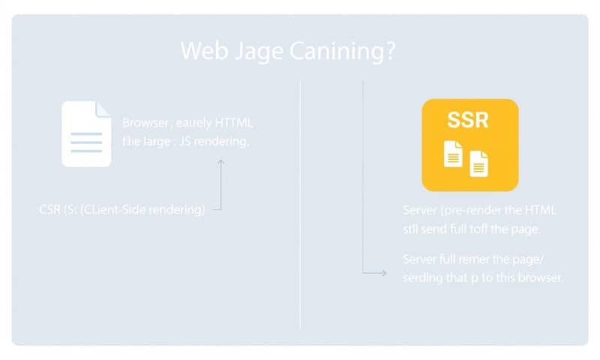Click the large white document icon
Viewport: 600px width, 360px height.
[x=86, y=134]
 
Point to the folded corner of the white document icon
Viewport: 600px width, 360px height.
[x=103, y=109]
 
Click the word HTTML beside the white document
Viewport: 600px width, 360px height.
[x=234, y=122]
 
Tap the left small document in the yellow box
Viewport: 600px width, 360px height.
[x=453, y=153]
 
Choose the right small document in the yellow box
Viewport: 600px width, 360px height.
[x=478, y=162]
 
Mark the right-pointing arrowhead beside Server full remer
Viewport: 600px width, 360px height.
[x=383, y=274]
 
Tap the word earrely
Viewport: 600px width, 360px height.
[x=193, y=122]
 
